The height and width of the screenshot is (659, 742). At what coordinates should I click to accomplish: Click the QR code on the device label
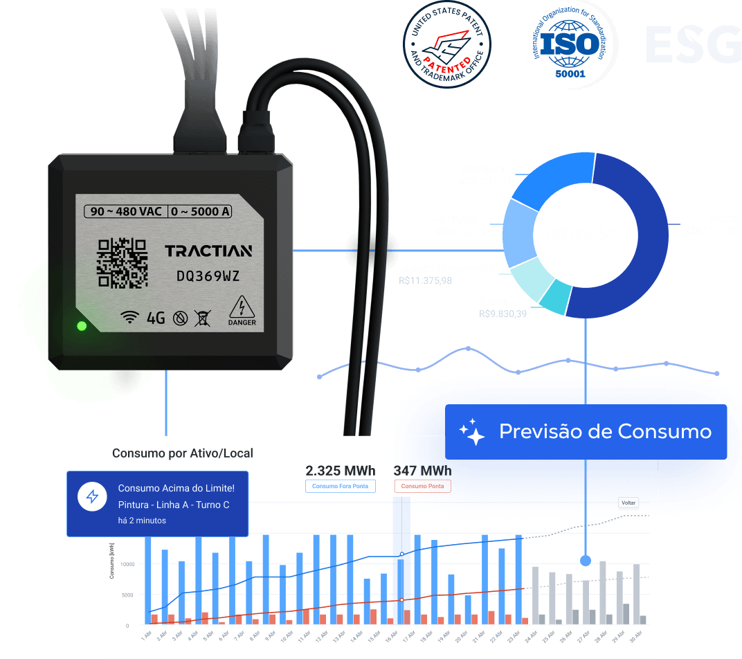(123, 262)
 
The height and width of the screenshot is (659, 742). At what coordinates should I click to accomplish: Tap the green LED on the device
(82, 325)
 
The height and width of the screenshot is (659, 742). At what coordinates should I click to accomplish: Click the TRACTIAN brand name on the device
(208, 251)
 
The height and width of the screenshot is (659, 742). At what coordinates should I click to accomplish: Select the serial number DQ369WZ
(208, 276)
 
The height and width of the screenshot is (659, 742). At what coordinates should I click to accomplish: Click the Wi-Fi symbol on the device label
(129, 317)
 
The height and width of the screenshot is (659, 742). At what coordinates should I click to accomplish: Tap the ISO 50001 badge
(569, 44)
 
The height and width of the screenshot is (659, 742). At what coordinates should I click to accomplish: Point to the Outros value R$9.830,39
(503, 314)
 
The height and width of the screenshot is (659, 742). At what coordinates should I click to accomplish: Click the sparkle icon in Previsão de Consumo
(472, 431)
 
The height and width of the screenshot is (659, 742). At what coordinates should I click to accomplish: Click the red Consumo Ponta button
(422, 486)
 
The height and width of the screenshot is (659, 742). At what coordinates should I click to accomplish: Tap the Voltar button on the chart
(628, 503)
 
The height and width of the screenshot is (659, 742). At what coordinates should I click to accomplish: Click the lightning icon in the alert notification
(92, 496)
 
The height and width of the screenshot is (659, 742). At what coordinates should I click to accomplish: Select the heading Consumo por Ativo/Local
(183, 453)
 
